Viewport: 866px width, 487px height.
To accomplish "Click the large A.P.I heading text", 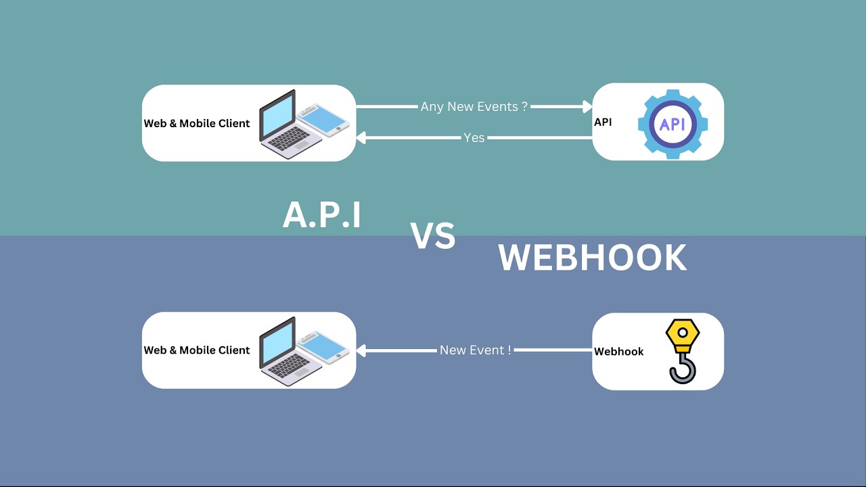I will tap(322, 215).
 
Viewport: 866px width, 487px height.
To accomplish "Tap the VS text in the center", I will tap(433, 237).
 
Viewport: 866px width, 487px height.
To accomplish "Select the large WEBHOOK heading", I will tap(592, 258).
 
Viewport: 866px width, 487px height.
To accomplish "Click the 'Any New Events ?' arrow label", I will tap(474, 107).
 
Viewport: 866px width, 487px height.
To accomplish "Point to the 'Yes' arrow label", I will tap(474, 138).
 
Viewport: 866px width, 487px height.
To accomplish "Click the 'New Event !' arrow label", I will tap(475, 350).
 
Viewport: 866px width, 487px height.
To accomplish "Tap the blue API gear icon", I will tap(673, 124).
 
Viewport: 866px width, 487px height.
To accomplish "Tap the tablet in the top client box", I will tap(324, 120).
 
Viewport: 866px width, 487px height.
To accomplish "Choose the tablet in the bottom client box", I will tap(324, 347).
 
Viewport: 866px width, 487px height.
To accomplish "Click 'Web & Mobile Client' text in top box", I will tap(197, 124).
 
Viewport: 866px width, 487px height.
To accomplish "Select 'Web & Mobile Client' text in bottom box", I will tap(197, 350).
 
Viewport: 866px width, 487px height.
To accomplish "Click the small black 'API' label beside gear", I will tap(603, 122).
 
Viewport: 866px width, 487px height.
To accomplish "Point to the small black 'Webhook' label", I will tap(618, 352).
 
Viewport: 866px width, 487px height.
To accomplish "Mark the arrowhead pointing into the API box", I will tap(587, 107).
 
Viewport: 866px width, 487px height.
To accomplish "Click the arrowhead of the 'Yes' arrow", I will tap(361, 138).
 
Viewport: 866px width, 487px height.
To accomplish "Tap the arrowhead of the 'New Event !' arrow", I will tap(361, 350).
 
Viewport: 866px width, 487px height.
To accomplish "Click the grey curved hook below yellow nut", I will tap(682, 369).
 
